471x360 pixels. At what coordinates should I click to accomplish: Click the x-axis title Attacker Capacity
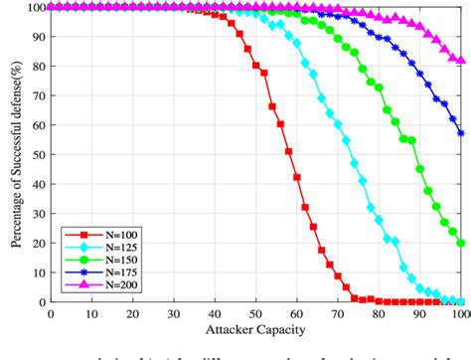coord(256,329)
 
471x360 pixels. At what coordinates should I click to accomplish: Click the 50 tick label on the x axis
coord(256,313)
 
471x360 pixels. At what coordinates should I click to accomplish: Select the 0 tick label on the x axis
coord(51,313)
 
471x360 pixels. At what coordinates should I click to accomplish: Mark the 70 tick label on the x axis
coord(339,313)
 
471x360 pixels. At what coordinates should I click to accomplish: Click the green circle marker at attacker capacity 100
coord(461,243)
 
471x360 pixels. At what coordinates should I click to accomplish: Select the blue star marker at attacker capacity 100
coord(461,133)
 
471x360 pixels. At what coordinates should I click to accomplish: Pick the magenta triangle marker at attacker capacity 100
coord(461,60)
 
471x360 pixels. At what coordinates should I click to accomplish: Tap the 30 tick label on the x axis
coord(174,313)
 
